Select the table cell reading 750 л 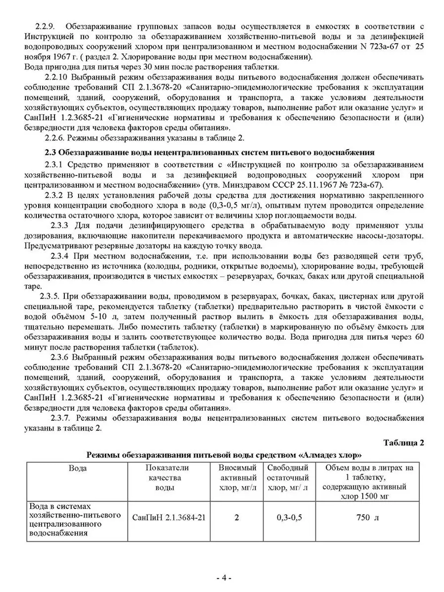click(x=368, y=517)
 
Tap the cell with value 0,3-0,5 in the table click(x=289, y=517)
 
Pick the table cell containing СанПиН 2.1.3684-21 click(x=169, y=517)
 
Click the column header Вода click(x=78, y=468)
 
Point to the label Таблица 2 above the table click(x=404, y=443)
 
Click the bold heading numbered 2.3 click(x=209, y=152)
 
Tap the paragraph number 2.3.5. click(x=49, y=296)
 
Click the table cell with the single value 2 click(x=237, y=517)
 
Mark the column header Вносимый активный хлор click(x=238, y=477)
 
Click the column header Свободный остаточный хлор click(x=288, y=477)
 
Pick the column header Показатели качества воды click(x=167, y=477)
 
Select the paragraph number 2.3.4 click(x=59, y=256)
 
